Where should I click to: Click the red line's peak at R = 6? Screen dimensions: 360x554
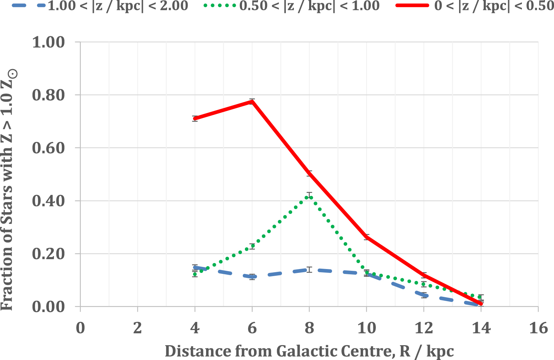[252, 102]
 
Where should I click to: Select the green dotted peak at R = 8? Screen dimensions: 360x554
[309, 196]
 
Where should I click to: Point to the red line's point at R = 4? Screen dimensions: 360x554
[195, 118]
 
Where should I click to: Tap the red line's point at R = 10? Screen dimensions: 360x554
[367, 237]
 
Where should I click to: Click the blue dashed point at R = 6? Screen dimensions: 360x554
[252, 277]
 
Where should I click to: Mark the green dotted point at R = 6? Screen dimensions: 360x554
[252, 246]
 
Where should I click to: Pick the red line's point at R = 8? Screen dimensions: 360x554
[309, 173]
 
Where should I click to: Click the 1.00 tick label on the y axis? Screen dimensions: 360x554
[49, 42]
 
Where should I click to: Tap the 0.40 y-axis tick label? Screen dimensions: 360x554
[49, 201]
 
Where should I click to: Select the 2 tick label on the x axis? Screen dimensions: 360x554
[137, 328]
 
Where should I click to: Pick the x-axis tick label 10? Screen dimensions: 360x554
[366, 328]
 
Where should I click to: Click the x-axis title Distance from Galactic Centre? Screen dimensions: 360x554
[309, 351]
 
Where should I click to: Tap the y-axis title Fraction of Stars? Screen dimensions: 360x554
[7, 190]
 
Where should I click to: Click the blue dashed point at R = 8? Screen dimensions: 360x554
[309, 270]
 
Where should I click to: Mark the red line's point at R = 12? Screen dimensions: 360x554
[424, 275]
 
